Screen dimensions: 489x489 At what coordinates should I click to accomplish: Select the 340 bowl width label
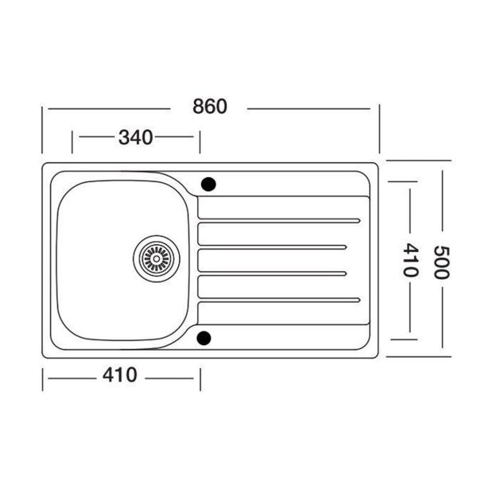click(135, 137)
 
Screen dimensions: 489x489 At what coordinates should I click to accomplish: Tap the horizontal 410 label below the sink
click(119, 375)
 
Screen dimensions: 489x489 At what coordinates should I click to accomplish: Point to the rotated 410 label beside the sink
click(411, 260)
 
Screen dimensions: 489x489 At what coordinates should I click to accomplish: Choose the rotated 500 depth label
click(442, 260)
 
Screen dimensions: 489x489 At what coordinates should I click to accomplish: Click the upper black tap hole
click(208, 184)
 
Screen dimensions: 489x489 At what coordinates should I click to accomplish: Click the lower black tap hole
click(205, 338)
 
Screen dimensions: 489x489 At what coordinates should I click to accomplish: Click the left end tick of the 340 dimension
click(73, 142)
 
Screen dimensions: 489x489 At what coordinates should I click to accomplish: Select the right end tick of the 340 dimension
click(200, 142)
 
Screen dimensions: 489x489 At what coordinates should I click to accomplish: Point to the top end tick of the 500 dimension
click(419, 160)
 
